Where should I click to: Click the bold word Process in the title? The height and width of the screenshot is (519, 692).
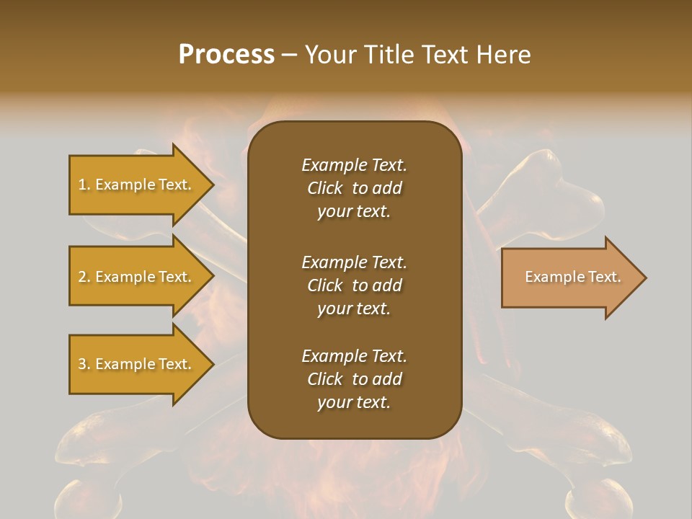(x=226, y=55)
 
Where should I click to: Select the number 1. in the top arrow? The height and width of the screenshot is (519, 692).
(x=84, y=185)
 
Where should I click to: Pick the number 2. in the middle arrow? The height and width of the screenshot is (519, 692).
(x=84, y=277)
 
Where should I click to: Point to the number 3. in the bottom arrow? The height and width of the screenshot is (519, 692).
(x=84, y=364)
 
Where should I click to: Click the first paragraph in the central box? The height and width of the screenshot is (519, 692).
(x=354, y=188)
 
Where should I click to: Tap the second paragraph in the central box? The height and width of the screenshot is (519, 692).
(x=354, y=285)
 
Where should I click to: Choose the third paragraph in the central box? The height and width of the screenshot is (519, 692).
(x=354, y=379)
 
